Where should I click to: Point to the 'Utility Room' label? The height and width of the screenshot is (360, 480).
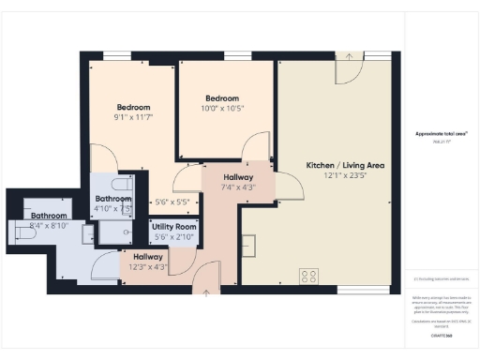click(x=173, y=227)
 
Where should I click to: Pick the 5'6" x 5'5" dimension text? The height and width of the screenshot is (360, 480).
click(x=172, y=202)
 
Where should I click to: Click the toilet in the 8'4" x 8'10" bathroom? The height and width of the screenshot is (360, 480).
click(x=24, y=231)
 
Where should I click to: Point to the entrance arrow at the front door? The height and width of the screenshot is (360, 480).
click(x=206, y=292)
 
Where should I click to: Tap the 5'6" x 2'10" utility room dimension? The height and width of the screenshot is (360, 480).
click(x=173, y=237)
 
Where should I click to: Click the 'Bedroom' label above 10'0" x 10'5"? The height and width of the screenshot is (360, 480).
click(x=222, y=98)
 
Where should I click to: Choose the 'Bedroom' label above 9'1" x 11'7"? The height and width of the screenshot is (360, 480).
click(x=135, y=106)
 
